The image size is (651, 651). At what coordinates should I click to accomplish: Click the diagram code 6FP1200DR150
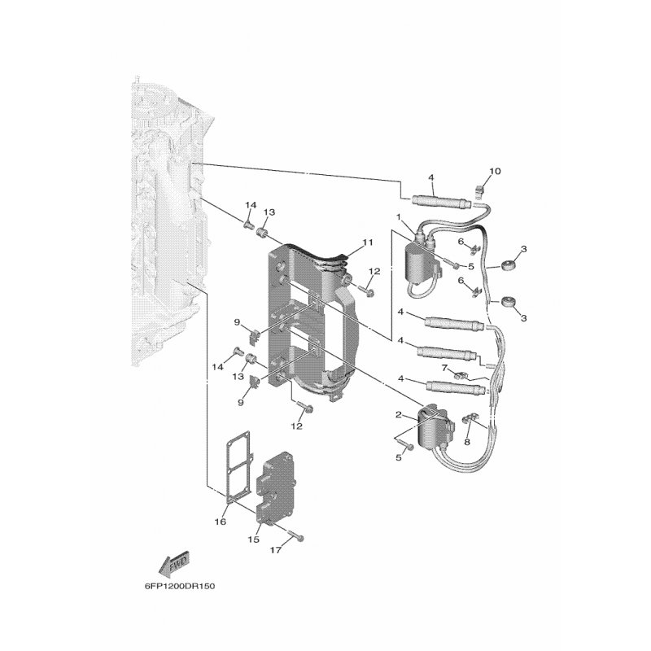pyautogui.click(x=180, y=586)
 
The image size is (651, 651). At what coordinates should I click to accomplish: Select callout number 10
pyautogui.click(x=495, y=171)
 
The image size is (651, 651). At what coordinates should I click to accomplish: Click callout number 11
pyautogui.click(x=368, y=242)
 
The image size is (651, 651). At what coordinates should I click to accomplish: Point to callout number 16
pyautogui.click(x=220, y=522)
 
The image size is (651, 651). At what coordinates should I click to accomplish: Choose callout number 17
pyautogui.click(x=276, y=550)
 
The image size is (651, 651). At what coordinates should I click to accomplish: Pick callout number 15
pyautogui.click(x=254, y=540)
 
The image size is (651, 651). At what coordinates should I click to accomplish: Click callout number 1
pyautogui.click(x=399, y=216)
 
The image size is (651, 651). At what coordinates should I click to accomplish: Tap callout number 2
pyautogui.click(x=399, y=414)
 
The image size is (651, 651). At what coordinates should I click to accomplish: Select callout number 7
pyautogui.click(x=444, y=368)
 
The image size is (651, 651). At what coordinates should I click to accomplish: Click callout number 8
pyautogui.click(x=467, y=442)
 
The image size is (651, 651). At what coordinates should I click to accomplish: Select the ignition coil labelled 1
pyautogui.click(x=422, y=259)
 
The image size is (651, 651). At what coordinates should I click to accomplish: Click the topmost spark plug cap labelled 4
pyautogui.click(x=440, y=202)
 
